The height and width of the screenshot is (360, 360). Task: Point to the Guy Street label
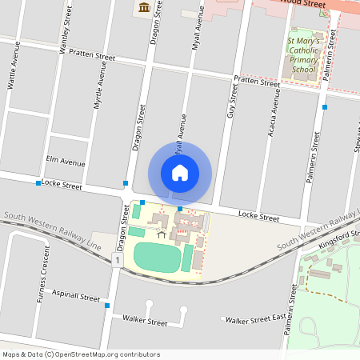pyautogui.click(x=232, y=103)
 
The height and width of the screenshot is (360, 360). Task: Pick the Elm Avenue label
pyautogui.click(x=66, y=162)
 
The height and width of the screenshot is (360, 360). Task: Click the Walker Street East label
pyautogui.click(x=255, y=320)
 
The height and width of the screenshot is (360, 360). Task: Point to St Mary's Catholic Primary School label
pyautogui.click(x=304, y=54)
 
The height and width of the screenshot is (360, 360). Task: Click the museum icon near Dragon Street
pyautogui.click(x=144, y=8)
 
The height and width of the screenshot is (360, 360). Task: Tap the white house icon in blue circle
pyautogui.click(x=180, y=172)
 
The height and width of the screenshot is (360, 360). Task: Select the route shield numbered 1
pyautogui.click(x=118, y=261)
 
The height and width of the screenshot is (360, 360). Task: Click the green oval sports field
pyautogui.click(x=158, y=257)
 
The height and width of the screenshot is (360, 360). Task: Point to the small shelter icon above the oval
pyautogui.click(x=162, y=234)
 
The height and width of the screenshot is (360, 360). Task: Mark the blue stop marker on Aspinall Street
pyautogui.click(x=106, y=305)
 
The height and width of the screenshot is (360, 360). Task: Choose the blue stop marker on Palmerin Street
pyautogui.click(x=325, y=106)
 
